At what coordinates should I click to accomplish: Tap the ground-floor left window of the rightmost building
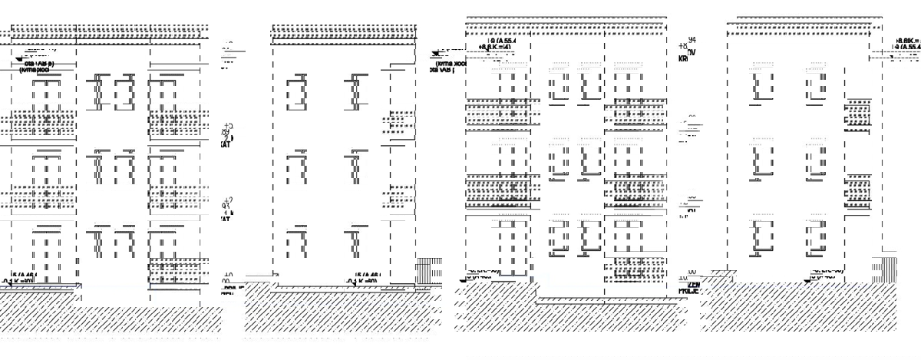tap(761, 236)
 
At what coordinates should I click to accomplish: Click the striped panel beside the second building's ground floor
tap(428, 272)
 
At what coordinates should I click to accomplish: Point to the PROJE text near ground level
tap(688, 291)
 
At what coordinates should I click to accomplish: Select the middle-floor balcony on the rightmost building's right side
tap(857, 192)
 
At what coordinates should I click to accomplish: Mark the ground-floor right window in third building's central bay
tap(589, 238)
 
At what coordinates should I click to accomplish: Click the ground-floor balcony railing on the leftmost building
tap(178, 269)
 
